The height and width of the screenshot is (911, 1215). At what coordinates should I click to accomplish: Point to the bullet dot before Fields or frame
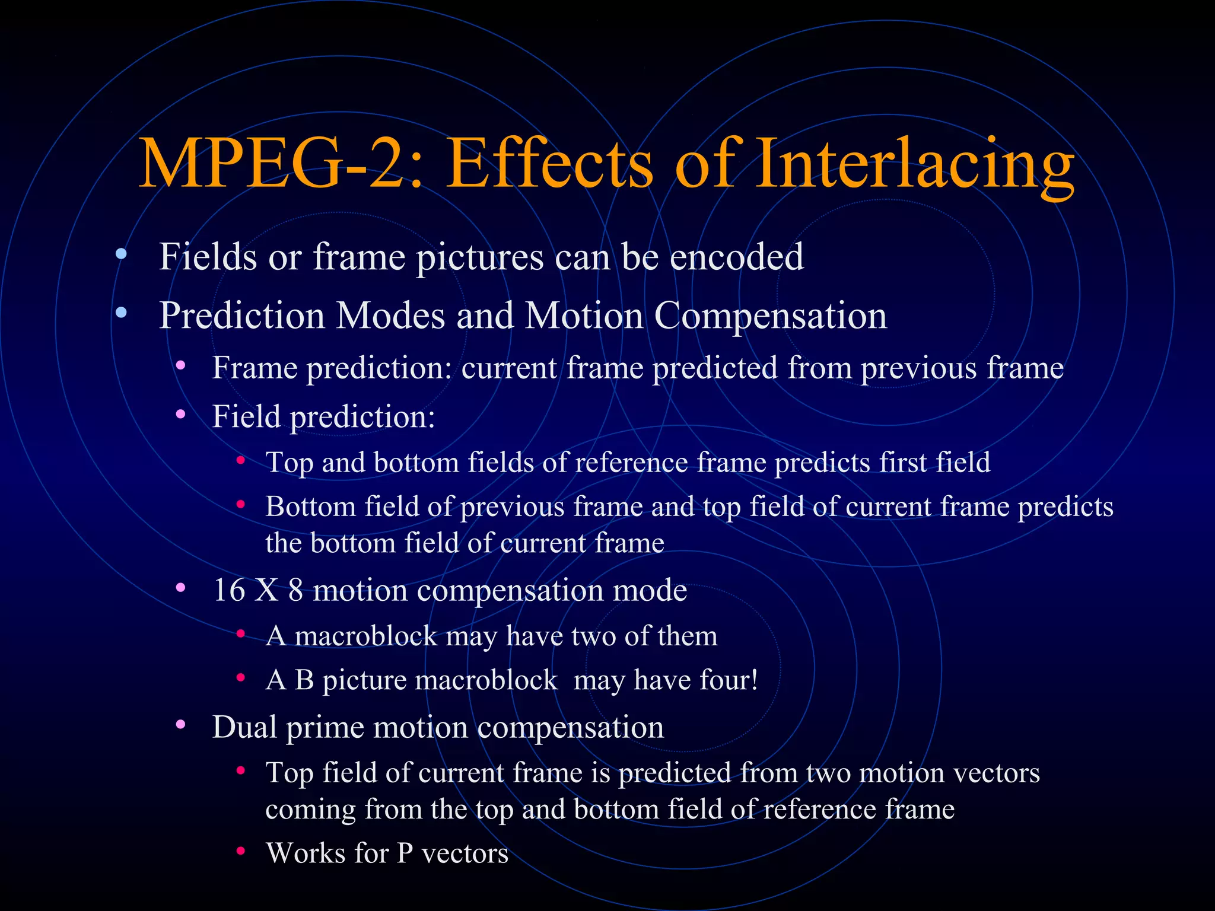[x=121, y=254]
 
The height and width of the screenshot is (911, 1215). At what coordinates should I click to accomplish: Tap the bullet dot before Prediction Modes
[x=121, y=313]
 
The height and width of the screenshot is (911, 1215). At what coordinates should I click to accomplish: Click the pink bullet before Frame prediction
[x=180, y=365]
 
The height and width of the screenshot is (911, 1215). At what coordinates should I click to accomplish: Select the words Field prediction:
[x=323, y=416]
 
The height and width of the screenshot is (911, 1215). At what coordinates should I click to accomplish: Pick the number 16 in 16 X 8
[x=229, y=590]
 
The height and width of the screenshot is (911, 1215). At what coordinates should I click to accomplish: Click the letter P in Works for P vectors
[x=405, y=853]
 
